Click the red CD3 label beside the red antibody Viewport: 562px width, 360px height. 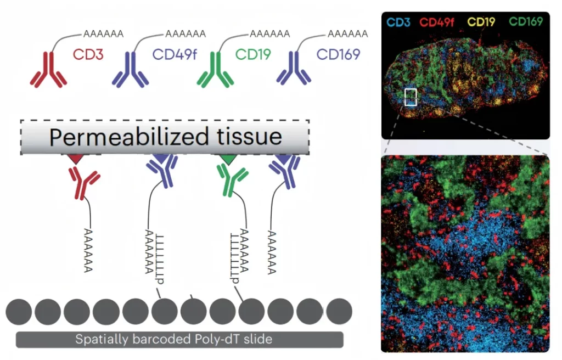point(88,55)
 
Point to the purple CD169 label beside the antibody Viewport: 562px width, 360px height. point(338,55)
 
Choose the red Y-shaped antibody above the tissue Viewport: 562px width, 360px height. point(48,70)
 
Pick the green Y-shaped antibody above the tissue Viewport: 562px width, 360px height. point(215,70)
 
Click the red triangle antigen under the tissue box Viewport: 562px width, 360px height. point(76,159)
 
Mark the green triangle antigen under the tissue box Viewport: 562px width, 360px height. point(226,159)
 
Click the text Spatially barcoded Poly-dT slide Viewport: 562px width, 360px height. point(173,339)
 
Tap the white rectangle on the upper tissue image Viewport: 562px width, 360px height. point(411,97)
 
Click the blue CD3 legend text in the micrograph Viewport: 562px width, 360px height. point(399,22)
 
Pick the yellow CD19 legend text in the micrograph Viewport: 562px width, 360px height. point(481,22)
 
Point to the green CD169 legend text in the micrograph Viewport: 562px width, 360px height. point(525,22)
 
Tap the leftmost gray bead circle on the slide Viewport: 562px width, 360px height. point(19,312)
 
